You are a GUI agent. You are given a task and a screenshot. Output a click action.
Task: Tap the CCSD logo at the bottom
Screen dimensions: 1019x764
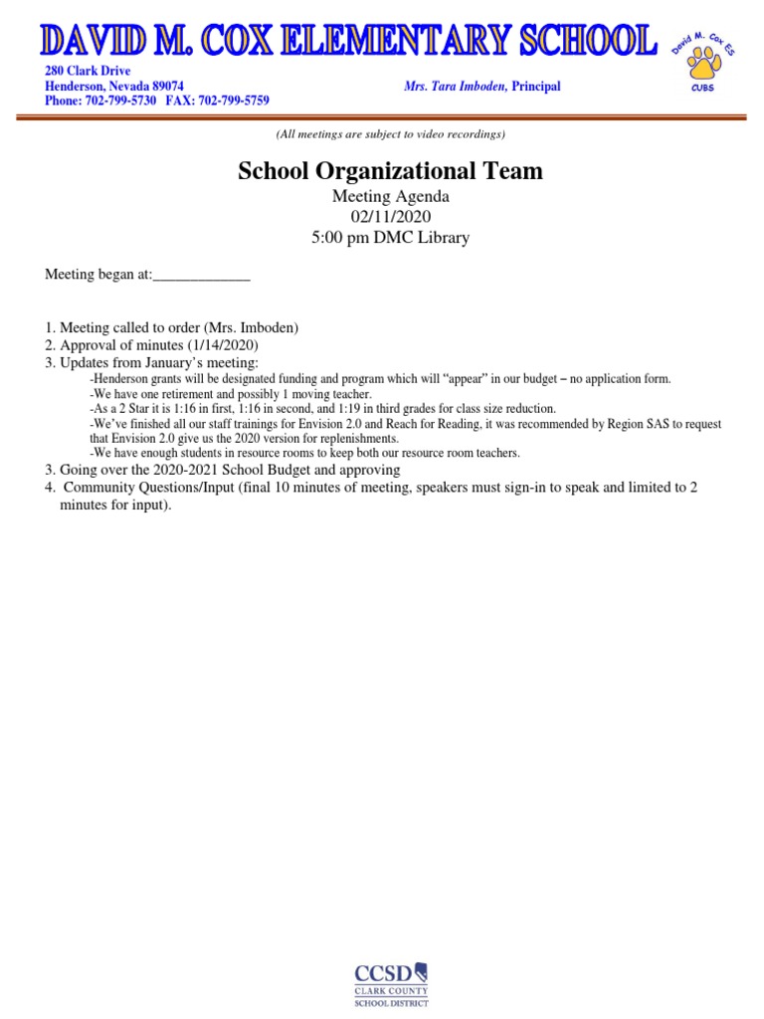coord(391,983)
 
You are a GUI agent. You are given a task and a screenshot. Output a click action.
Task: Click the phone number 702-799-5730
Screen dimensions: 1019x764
coord(122,101)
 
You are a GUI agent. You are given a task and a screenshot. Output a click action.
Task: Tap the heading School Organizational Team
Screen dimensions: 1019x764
coord(390,171)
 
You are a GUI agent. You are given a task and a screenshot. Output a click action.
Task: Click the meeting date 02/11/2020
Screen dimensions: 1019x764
coord(390,216)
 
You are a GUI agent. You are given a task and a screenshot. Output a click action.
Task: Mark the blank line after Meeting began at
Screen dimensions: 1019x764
coord(201,276)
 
